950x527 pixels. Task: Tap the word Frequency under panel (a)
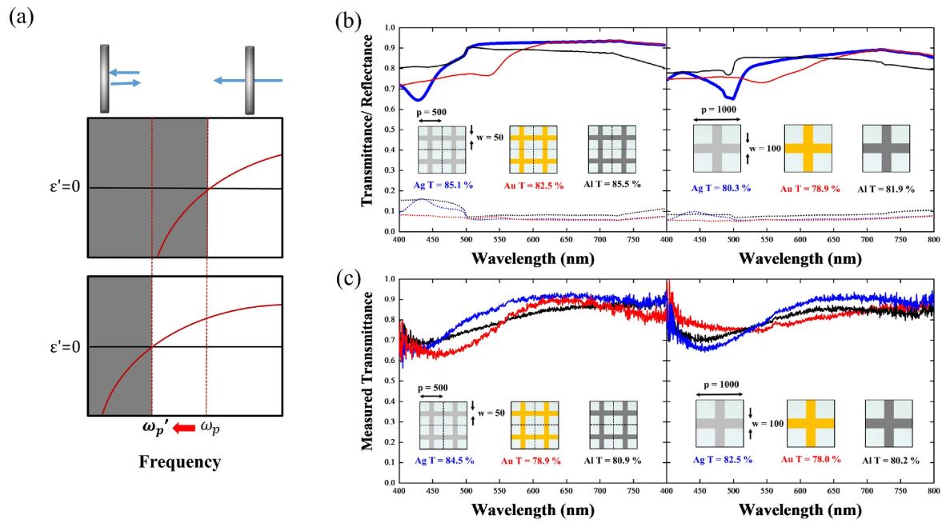point(180,462)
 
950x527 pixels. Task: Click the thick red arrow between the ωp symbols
point(183,428)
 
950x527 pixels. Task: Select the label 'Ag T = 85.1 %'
point(443,185)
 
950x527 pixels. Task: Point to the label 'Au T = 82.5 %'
point(534,186)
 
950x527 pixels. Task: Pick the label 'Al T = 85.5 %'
point(612,184)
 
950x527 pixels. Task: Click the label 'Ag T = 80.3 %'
point(721,188)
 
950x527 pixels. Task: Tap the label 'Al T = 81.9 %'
point(886,189)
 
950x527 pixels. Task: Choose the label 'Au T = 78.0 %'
point(811,459)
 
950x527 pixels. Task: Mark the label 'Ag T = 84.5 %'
point(445,461)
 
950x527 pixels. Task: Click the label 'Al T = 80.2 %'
point(891,461)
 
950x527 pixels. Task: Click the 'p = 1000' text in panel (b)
point(719,110)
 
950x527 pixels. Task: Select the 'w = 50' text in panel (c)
point(491,413)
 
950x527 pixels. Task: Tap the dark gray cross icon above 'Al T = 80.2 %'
point(889,424)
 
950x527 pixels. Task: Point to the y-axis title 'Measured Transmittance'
point(367,372)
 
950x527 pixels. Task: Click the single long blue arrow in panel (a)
point(248,80)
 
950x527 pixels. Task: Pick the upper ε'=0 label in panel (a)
point(65,186)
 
